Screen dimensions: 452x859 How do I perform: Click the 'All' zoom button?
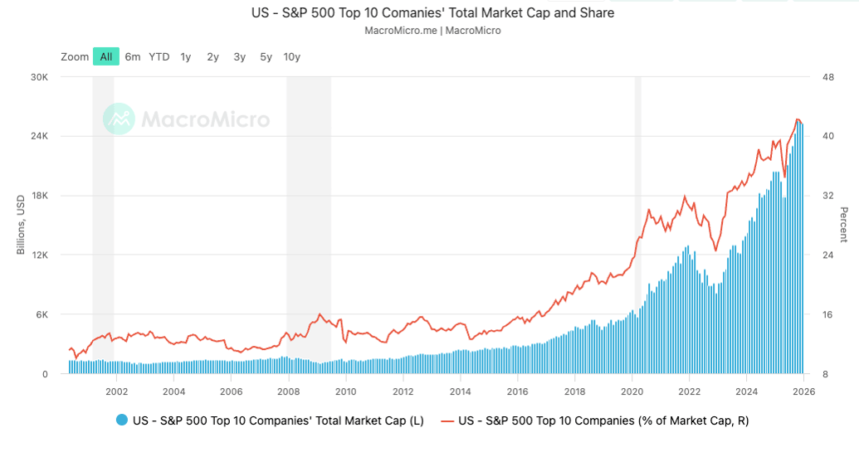106,56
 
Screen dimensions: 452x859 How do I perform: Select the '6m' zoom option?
133,56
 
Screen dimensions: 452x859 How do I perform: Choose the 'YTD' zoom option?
159,56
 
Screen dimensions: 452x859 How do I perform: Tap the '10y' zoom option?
291,56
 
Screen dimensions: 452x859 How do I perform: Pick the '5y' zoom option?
266,56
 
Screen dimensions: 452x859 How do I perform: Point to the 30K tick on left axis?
41,77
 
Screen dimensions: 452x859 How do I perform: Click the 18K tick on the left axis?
41,196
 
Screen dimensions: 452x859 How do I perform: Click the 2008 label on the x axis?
288,391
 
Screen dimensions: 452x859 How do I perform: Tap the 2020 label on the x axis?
632,391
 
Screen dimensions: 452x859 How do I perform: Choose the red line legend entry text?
603,420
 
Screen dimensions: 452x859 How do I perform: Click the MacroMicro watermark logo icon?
119,119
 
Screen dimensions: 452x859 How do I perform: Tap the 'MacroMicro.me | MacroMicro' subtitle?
432,31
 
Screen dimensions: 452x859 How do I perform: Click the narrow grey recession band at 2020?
638,224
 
